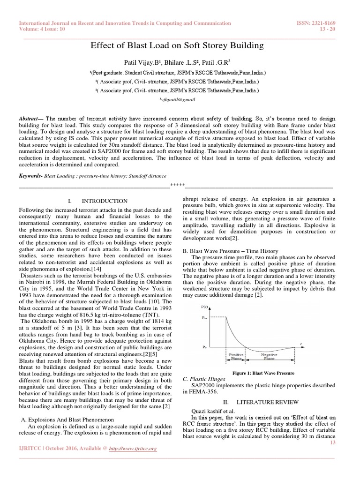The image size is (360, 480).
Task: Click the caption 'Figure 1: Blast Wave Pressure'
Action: pos(266,373)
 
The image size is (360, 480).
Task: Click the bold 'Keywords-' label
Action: pos(30,178)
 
